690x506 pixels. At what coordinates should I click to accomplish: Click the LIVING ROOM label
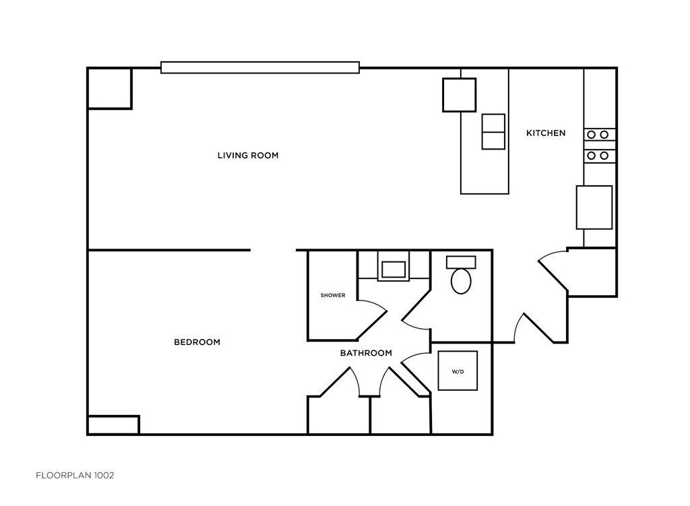click(x=247, y=156)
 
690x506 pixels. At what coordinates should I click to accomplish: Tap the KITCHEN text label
click(x=545, y=133)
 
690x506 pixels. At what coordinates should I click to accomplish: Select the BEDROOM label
click(x=197, y=342)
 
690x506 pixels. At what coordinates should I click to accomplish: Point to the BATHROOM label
click(x=365, y=353)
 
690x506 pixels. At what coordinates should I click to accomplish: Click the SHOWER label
click(x=333, y=295)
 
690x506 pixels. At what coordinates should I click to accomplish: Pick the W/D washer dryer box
click(x=458, y=371)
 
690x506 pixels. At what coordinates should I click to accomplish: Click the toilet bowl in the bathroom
click(x=461, y=281)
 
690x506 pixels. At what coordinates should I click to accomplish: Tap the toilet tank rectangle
click(x=461, y=262)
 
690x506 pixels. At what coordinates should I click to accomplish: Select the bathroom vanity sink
click(x=394, y=270)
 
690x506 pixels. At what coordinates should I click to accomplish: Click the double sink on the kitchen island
click(x=493, y=131)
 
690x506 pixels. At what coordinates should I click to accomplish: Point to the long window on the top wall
click(x=259, y=67)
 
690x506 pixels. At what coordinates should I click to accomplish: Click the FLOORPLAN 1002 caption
click(x=75, y=475)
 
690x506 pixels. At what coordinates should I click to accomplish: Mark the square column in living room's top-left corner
click(x=109, y=88)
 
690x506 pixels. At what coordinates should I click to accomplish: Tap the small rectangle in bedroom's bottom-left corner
click(x=113, y=425)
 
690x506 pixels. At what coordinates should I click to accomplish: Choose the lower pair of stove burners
click(x=598, y=156)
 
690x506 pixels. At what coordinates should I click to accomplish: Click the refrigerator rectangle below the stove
click(x=594, y=208)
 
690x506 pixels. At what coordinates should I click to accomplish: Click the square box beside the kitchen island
click(x=459, y=95)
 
